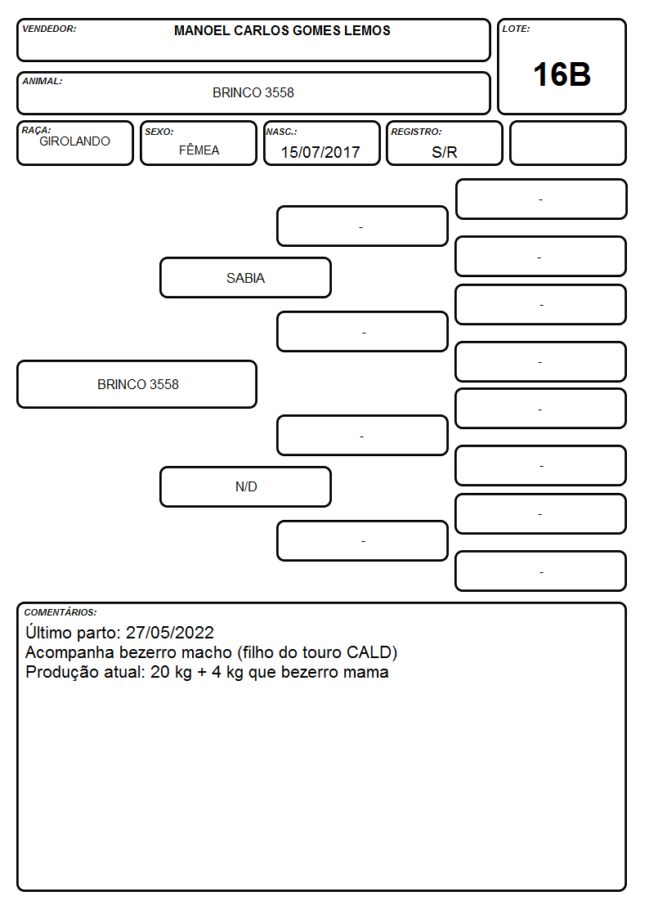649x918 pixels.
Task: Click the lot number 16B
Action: click(562, 75)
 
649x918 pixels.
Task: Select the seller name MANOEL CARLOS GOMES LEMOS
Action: click(282, 30)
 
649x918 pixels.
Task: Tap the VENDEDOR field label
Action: click(49, 29)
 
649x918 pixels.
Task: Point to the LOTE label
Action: click(516, 29)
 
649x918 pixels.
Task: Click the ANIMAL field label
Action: click(43, 82)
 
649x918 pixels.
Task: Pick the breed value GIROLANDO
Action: click(75, 141)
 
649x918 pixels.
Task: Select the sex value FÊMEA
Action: click(199, 150)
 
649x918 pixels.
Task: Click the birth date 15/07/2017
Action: click(320, 152)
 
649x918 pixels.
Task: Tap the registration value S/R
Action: click(444, 152)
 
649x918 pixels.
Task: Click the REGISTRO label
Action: click(416, 132)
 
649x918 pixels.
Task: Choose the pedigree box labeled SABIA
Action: click(246, 277)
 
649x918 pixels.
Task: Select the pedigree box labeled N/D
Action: click(246, 486)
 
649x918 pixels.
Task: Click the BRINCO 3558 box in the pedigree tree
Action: click(137, 384)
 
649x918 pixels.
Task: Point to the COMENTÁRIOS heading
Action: click(60, 612)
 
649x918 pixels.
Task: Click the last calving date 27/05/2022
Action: click(170, 632)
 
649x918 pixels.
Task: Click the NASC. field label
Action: click(281, 132)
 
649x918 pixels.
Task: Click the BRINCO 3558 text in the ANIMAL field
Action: click(253, 92)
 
